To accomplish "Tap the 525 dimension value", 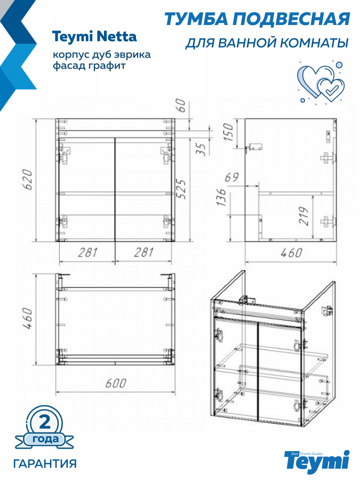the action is tap(181, 189).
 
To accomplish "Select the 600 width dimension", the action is tap(116, 383).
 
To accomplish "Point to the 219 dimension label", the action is tap(303, 216).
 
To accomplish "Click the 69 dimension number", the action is tap(232, 178).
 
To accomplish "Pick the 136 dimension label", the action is tap(222, 197).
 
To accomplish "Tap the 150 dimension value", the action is tap(228, 132).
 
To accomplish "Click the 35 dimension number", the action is tap(201, 149).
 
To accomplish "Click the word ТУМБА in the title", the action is tap(196, 19).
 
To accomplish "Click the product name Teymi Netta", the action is tap(94, 36).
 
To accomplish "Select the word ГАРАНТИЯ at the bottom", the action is tap(45, 463).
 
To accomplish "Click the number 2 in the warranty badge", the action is tap(45, 422).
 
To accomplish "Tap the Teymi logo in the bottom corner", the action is tap(317, 461).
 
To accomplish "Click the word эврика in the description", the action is tap(132, 55).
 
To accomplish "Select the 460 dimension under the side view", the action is tap(291, 253).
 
